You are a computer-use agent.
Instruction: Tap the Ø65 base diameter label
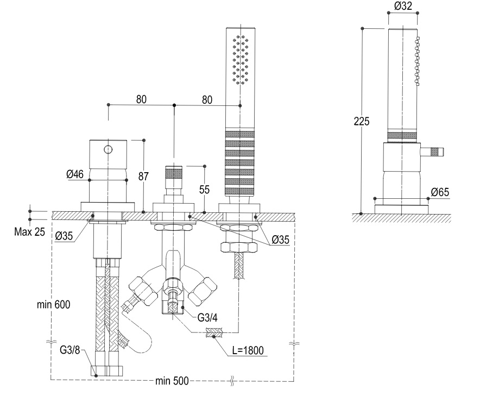pyautogui.click(x=440, y=192)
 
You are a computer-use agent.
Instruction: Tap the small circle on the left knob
pyautogui.click(x=109, y=149)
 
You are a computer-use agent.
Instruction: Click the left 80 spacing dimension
pyautogui.click(x=141, y=99)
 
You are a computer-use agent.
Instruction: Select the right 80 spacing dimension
pyautogui.click(x=206, y=99)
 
